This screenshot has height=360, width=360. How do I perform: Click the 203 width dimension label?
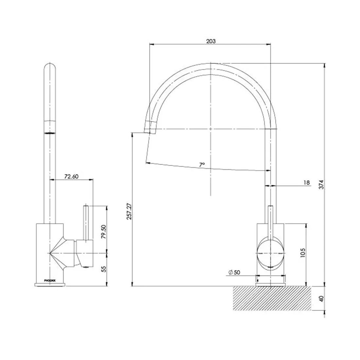pos(211,41)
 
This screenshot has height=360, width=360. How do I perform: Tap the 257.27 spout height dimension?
pos(129,211)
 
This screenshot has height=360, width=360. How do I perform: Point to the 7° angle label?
pos(202,164)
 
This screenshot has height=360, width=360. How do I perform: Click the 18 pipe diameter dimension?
pos(306,183)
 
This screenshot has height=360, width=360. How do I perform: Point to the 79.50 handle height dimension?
pos(104,232)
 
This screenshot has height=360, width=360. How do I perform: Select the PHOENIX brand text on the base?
pos(50,280)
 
